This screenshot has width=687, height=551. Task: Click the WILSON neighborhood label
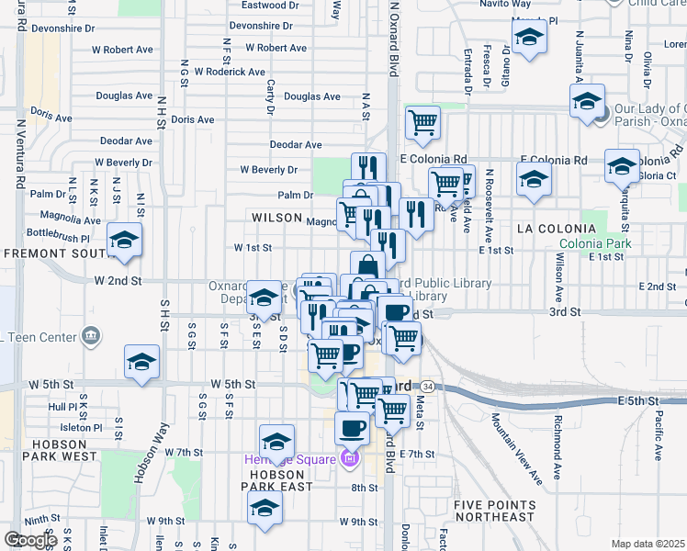pos(276,218)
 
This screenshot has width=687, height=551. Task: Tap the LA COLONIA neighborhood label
pos(551,227)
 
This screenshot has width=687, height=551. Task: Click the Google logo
pos(30,540)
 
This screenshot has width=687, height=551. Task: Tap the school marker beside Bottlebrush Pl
pos(124,241)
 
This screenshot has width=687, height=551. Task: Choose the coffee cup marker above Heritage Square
pos(352,426)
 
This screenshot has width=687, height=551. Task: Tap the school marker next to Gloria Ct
pos(622,166)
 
